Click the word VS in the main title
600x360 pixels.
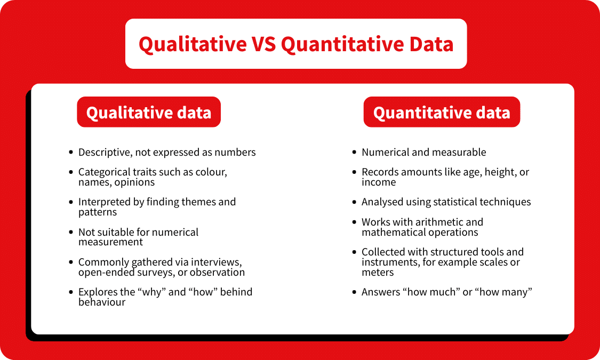tap(264, 44)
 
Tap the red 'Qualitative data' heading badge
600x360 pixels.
tap(149, 113)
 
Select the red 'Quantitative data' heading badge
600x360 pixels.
tap(442, 113)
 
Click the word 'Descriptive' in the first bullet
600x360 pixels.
tap(105, 153)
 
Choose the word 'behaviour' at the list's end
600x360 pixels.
tap(102, 302)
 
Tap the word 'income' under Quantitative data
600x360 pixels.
tap(379, 182)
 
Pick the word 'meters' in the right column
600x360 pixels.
tap(378, 273)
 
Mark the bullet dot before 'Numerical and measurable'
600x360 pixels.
tap(355, 153)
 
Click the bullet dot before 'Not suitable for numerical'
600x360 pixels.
tap(71, 233)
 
